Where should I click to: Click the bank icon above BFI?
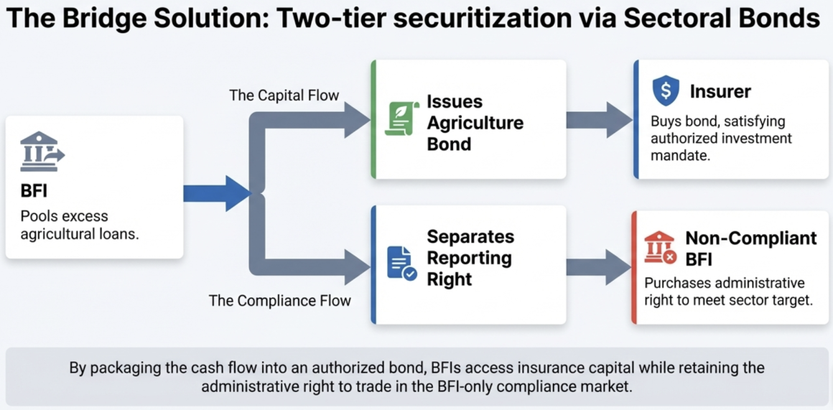coord(42,152)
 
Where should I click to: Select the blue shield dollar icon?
coord(665,90)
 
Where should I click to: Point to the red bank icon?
coord(659,248)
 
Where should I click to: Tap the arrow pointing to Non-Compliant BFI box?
coord(599,267)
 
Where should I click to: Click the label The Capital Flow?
coord(284,95)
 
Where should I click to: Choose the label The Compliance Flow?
coord(280,301)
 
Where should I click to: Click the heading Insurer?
coord(720,92)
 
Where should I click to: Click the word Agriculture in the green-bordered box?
coord(475,123)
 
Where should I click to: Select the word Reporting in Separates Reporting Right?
coord(470,258)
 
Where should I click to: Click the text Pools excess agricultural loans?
coord(80,225)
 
